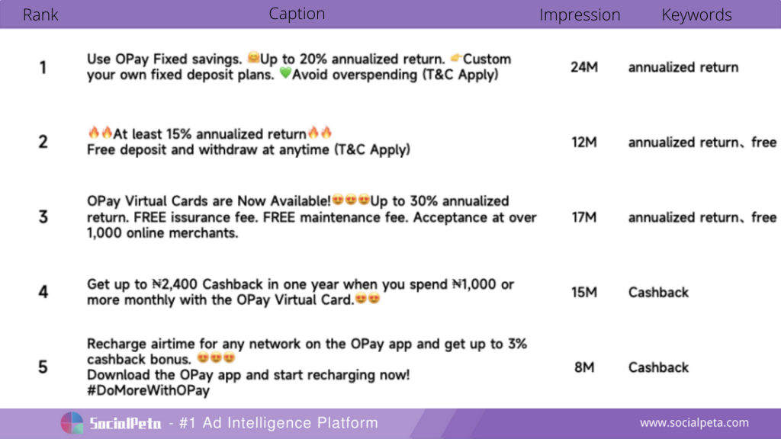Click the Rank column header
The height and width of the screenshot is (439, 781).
(40, 14)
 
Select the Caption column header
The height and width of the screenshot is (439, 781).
(297, 14)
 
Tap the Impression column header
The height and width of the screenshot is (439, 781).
(580, 15)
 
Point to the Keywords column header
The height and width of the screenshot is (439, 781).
(696, 15)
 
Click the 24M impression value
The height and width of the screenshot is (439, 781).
(584, 67)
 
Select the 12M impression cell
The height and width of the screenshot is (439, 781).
(584, 143)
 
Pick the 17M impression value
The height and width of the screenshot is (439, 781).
(584, 217)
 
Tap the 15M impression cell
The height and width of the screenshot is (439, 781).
(584, 292)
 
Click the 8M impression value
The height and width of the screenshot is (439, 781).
(584, 367)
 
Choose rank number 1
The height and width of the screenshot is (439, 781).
(43, 67)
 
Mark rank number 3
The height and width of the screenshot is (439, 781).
(43, 217)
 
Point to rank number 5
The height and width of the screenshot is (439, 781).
(43, 367)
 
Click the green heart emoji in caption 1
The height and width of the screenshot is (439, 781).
(285, 73)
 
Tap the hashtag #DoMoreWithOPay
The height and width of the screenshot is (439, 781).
(149, 391)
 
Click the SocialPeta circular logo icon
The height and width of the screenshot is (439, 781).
(72, 423)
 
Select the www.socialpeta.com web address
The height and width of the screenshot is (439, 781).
(694, 422)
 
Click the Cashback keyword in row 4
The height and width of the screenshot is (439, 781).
(658, 292)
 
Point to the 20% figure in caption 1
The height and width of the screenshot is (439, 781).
(313, 59)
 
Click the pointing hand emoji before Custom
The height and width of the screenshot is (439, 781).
(456, 58)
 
